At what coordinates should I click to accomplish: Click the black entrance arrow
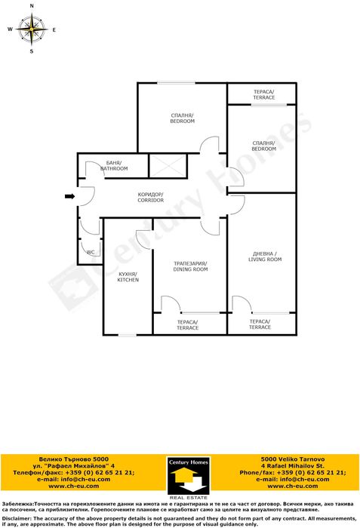[x=69, y=196]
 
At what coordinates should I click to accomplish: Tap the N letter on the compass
[x=32, y=6]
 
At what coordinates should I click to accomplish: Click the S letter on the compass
[x=32, y=51]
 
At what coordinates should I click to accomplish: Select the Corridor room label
[x=151, y=198]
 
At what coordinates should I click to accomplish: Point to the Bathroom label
[x=114, y=166]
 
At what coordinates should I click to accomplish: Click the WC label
[x=91, y=252]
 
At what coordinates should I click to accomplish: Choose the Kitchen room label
[x=128, y=277]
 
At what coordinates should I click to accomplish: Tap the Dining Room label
[x=190, y=266]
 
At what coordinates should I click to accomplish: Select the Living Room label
[x=265, y=256]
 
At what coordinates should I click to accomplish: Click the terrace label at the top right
[x=264, y=94]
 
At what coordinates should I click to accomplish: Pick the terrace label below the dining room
[x=188, y=325]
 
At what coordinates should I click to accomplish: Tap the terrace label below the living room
[x=260, y=324]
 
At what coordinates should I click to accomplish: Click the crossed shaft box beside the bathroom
[x=168, y=166]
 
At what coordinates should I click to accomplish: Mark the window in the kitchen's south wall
[x=127, y=335]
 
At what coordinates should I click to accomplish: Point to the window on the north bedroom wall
[x=177, y=83]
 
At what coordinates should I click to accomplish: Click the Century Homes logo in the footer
[x=189, y=478]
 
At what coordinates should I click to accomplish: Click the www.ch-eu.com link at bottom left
[x=74, y=486]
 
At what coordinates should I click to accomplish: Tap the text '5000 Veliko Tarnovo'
[x=293, y=459]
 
